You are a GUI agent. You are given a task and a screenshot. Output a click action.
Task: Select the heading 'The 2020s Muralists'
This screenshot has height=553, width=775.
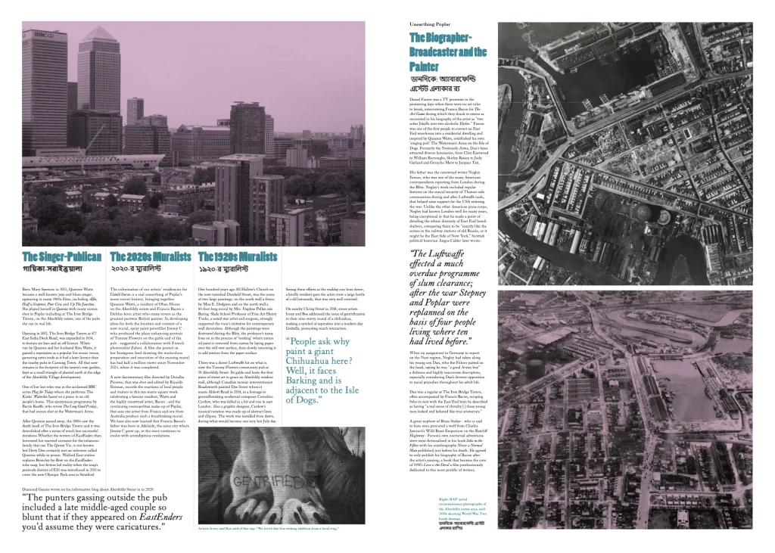[x=151, y=256]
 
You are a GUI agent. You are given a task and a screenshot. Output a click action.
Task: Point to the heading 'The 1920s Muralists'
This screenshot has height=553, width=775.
[x=237, y=256]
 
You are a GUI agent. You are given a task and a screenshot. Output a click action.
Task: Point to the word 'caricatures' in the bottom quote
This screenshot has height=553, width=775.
[x=157, y=532]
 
